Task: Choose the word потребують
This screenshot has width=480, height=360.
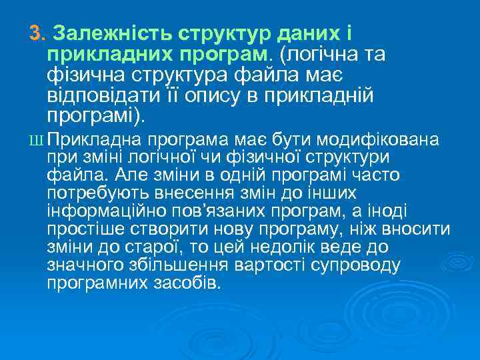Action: pyautogui.click(x=96, y=193)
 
